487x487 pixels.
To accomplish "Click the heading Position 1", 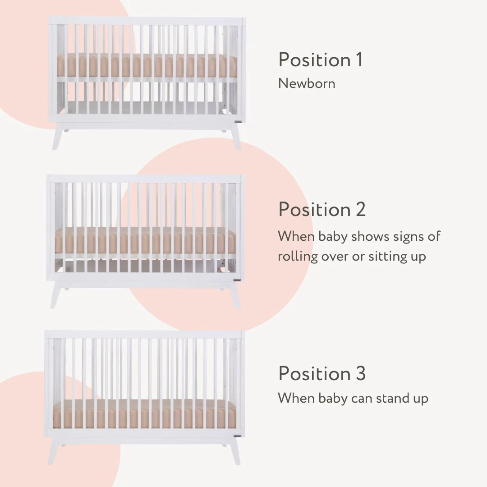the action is (x=320, y=60).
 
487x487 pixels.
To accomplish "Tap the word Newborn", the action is (x=307, y=83).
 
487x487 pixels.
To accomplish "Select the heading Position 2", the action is (x=322, y=209).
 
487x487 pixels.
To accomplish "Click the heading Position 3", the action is (x=322, y=373).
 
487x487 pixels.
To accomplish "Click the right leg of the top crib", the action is (x=235, y=138).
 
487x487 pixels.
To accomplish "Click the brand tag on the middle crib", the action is (x=237, y=280).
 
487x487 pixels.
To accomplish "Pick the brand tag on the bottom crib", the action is (x=237, y=436).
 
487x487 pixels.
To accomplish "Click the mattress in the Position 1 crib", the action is (x=147, y=65).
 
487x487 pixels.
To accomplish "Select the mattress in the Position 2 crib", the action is (x=145, y=240).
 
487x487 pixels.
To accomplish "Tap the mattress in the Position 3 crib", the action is (x=144, y=415).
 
